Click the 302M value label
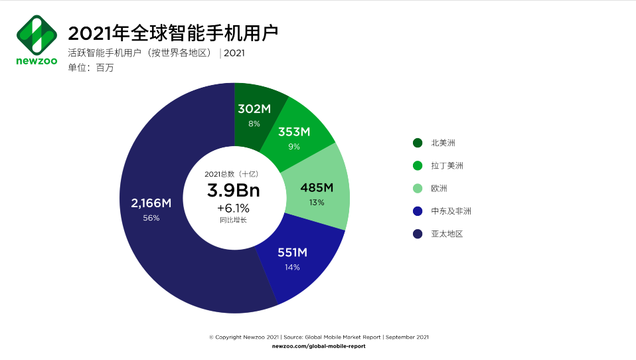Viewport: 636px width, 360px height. (254, 109)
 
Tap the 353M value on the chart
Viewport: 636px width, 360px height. (294, 132)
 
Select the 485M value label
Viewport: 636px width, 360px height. (317, 187)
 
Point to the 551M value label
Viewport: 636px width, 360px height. (292, 252)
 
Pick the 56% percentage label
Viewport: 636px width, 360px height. (151, 218)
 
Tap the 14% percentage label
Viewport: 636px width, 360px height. (292, 267)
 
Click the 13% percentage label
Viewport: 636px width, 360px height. (317, 202)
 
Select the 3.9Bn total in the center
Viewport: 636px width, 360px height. (234, 191)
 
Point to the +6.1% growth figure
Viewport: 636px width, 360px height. (233, 208)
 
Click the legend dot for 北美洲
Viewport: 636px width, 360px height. (418, 143)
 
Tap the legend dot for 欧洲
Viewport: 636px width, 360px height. (418, 189)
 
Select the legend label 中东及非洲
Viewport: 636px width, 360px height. (451, 211)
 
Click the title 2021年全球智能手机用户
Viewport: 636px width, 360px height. (173, 33)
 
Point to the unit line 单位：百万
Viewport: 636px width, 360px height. (91, 67)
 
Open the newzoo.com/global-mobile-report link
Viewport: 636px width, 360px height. (319, 346)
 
